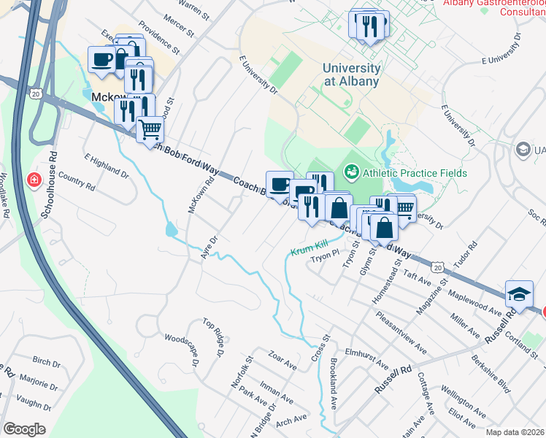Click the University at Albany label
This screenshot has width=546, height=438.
pyautogui.click(x=351, y=74)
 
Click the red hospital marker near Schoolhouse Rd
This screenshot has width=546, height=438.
pyautogui.click(x=34, y=180)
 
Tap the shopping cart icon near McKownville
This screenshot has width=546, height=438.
pyautogui.click(x=150, y=130)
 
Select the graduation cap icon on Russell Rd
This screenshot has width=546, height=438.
pyautogui.click(x=518, y=293)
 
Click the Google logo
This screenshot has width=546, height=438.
pyautogui.click(x=24, y=429)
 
